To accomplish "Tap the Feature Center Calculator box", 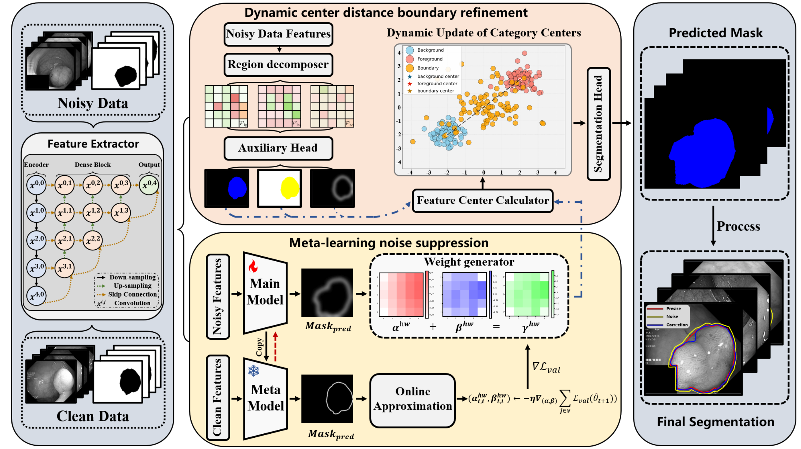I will tap(482, 201).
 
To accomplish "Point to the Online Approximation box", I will tap(412, 399).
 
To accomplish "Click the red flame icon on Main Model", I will tap(253, 266).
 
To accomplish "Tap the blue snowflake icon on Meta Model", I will tap(253, 371).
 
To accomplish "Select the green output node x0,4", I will tap(149, 185).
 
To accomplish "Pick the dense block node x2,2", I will tap(92, 240).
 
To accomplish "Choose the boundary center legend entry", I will tap(435, 91).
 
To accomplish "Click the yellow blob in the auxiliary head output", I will tap(289, 188).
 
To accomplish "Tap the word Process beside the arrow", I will tap(738, 226).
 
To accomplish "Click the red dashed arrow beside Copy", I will tap(275, 346).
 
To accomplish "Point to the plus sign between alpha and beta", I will tap(432, 327).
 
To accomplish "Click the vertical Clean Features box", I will tap(218, 398).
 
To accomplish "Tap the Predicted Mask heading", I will tap(715, 33).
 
